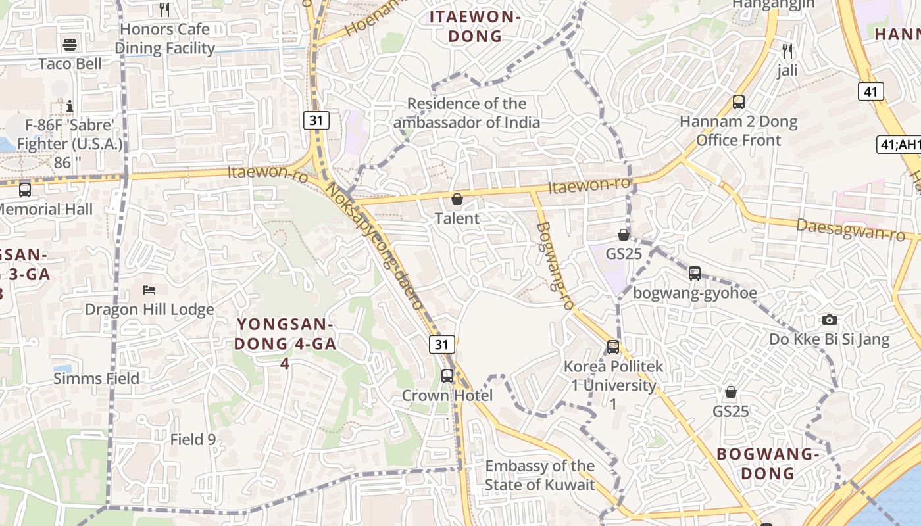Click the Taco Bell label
click(x=70, y=64)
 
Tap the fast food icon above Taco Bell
click(x=70, y=45)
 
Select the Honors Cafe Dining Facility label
click(x=164, y=39)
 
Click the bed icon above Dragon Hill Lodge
click(x=149, y=290)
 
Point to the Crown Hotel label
click(x=447, y=395)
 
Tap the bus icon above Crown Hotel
click(x=447, y=376)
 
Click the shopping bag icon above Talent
click(x=457, y=199)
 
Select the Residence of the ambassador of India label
click(x=466, y=113)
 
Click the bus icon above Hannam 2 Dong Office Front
click(x=739, y=102)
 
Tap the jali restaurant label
click(x=787, y=70)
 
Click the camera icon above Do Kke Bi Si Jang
click(x=830, y=320)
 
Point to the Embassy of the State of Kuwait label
click(x=539, y=475)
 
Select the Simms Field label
click(x=96, y=379)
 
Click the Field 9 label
click(x=193, y=440)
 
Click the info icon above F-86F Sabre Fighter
click(x=70, y=106)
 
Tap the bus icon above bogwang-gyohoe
click(x=695, y=274)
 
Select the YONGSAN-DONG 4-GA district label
click(x=285, y=334)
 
